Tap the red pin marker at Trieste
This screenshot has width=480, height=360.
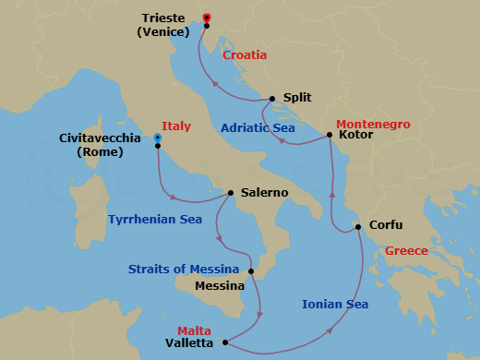[207, 18]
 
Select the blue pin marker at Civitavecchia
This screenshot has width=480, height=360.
[158, 138]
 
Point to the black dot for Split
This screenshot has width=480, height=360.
[272, 98]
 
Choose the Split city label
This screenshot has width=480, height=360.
[297, 97]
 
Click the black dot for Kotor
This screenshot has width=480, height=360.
[330, 136]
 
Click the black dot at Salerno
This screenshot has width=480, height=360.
[230, 193]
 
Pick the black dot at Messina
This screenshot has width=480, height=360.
[251, 270]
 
